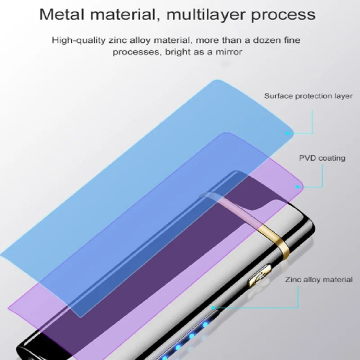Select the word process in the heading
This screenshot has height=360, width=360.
(282, 15)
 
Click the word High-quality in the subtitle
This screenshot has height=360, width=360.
(74, 40)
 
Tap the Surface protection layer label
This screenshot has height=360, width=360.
(308, 96)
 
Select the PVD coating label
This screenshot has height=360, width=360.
(322, 158)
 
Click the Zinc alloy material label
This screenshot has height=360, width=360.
(318, 279)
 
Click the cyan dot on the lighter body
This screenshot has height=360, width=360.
(214, 308)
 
